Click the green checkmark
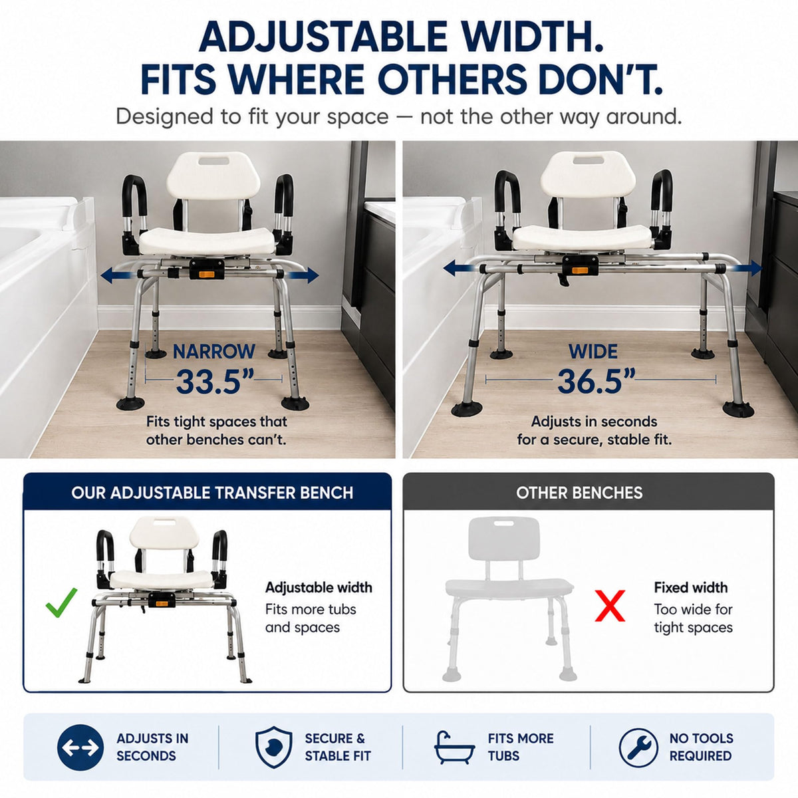click(x=61, y=603)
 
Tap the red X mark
click(x=610, y=605)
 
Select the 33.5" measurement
click(x=215, y=381)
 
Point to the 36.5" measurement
click(x=596, y=381)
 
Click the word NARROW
click(x=213, y=352)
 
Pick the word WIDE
click(x=593, y=352)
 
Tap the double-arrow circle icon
click(x=80, y=747)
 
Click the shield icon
click(x=274, y=747)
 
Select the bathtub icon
click(x=454, y=748)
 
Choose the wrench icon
click(x=638, y=747)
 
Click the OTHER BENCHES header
click(x=579, y=493)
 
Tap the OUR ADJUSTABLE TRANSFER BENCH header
click(x=212, y=493)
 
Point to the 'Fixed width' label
click(x=691, y=587)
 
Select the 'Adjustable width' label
click(x=319, y=587)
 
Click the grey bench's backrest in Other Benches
click(x=504, y=537)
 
